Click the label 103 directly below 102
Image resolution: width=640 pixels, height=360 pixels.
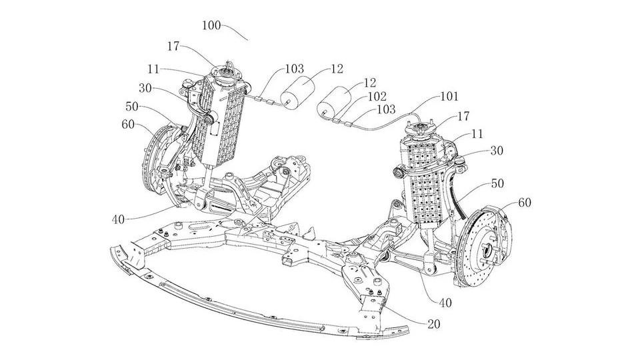(385, 109)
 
